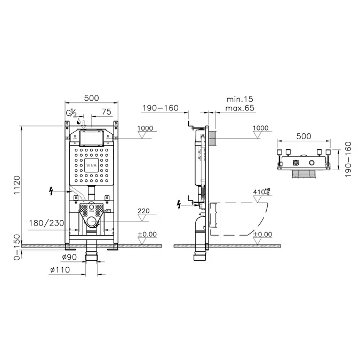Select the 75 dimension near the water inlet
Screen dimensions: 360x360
point(106,113)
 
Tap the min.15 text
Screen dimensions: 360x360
point(239,99)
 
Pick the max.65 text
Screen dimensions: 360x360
point(239,108)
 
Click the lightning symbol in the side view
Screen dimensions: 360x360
point(180,204)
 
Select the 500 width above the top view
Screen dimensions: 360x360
point(303,136)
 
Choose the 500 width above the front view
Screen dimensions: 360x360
point(92,98)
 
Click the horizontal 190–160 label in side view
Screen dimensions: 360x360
point(160,108)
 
